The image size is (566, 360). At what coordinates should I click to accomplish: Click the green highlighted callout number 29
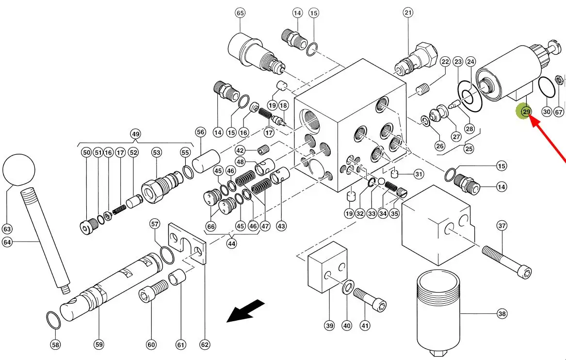526,112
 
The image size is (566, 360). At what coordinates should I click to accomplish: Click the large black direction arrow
246,311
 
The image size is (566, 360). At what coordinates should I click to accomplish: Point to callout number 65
240,13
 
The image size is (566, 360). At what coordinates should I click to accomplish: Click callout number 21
407,13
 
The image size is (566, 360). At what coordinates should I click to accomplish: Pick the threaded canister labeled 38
438,311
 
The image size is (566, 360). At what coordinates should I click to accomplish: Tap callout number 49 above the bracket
135,133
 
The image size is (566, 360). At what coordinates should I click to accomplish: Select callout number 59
99,344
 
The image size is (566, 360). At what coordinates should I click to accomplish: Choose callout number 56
201,132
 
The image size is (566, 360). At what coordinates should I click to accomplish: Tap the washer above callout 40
347,288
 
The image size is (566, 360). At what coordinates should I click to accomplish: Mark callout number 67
559,112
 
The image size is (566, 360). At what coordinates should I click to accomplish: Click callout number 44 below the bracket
231,244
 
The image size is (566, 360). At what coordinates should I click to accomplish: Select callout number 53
156,152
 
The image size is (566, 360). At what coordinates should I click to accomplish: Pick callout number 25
469,149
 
